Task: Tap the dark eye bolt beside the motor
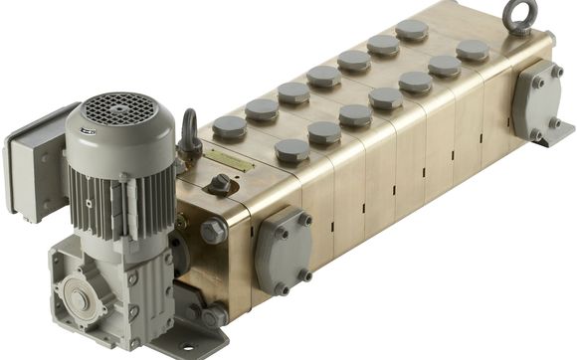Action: (x=189, y=129)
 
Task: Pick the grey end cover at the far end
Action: (x=537, y=99)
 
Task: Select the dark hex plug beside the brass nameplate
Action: (x=218, y=185)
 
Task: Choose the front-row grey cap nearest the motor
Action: (x=291, y=150)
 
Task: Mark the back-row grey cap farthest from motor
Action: (x=412, y=30)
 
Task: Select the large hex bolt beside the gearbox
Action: (x=212, y=231)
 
